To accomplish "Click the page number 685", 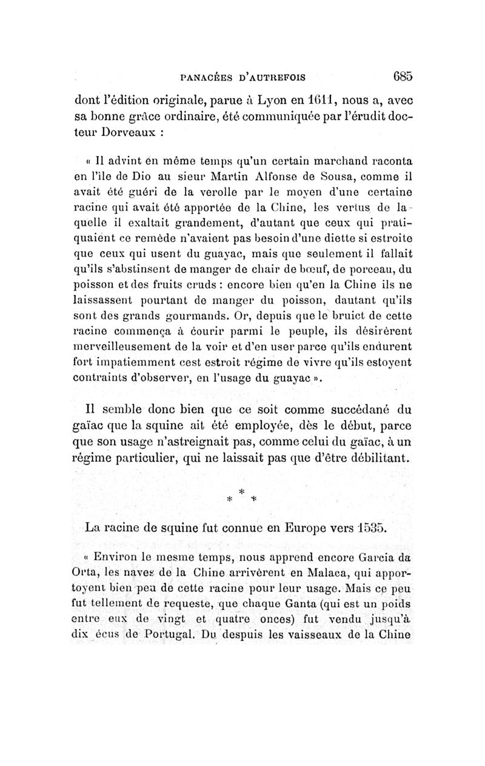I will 402,76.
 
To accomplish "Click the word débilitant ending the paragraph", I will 378,456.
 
